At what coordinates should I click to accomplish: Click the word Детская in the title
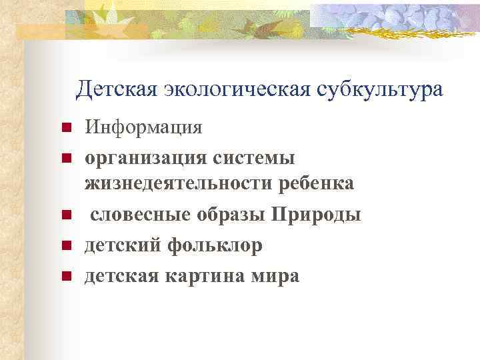click(x=117, y=89)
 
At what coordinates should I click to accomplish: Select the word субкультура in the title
click(x=376, y=89)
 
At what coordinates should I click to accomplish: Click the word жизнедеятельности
click(x=175, y=183)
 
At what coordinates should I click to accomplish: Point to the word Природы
click(x=316, y=215)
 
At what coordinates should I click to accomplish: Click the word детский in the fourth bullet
click(x=122, y=245)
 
